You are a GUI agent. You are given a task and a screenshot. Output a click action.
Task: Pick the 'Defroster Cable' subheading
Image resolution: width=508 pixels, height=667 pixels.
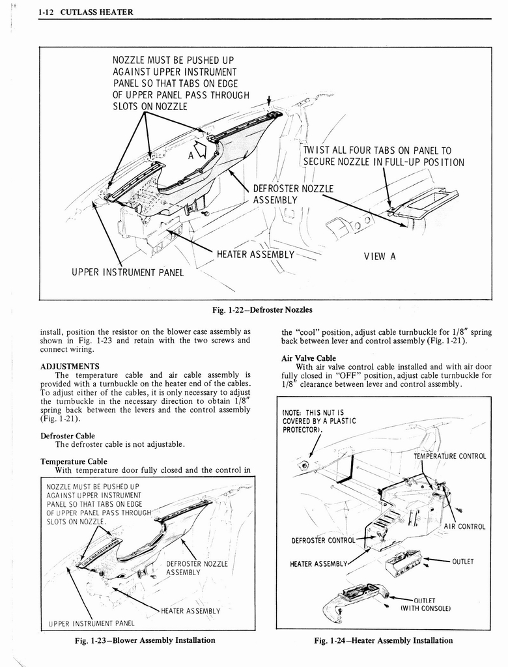click(x=67, y=436)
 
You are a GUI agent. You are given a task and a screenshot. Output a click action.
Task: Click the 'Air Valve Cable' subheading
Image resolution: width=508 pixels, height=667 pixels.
click(x=309, y=358)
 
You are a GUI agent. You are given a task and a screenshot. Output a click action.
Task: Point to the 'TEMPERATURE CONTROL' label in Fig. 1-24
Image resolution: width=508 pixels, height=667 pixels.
click(x=449, y=456)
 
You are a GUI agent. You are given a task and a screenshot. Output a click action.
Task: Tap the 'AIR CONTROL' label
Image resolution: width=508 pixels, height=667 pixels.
click(x=464, y=526)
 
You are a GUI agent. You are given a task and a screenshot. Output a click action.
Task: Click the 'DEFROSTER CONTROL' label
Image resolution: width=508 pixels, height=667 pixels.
click(x=323, y=539)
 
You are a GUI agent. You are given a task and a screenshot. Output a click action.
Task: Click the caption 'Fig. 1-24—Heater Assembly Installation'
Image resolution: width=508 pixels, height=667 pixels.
click(x=383, y=640)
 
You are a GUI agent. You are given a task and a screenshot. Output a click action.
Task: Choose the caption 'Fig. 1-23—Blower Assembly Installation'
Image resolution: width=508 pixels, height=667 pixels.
click(x=145, y=640)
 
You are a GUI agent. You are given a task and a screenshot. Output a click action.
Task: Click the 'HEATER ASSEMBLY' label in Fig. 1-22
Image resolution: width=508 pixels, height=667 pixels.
click(x=255, y=255)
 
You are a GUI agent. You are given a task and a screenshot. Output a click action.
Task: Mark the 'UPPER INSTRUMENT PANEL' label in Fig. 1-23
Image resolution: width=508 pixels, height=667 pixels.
click(x=92, y=623)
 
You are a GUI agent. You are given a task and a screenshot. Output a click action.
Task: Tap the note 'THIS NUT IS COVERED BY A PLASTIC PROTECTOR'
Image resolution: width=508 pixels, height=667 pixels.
click(x=318, y=421)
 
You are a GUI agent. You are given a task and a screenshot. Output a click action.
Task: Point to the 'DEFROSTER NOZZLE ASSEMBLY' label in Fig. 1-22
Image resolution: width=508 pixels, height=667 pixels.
click(x=293, y=194)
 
